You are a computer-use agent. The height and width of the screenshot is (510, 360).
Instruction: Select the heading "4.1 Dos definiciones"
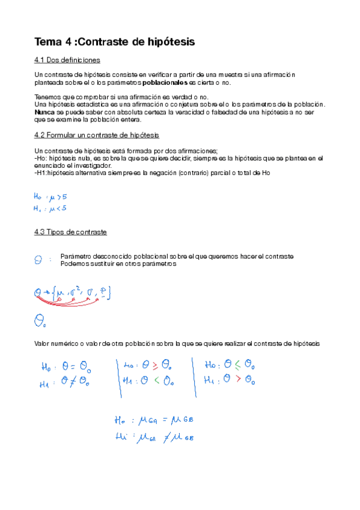67,60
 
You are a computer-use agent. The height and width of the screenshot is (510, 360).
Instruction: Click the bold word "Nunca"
44,112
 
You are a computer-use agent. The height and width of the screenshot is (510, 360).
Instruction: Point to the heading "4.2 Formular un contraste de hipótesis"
97,135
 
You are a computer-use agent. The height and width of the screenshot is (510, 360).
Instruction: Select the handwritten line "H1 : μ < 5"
50,208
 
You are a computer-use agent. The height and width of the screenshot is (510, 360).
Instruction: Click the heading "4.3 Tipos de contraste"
71,232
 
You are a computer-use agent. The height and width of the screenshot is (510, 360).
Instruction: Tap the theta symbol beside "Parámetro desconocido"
38,260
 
